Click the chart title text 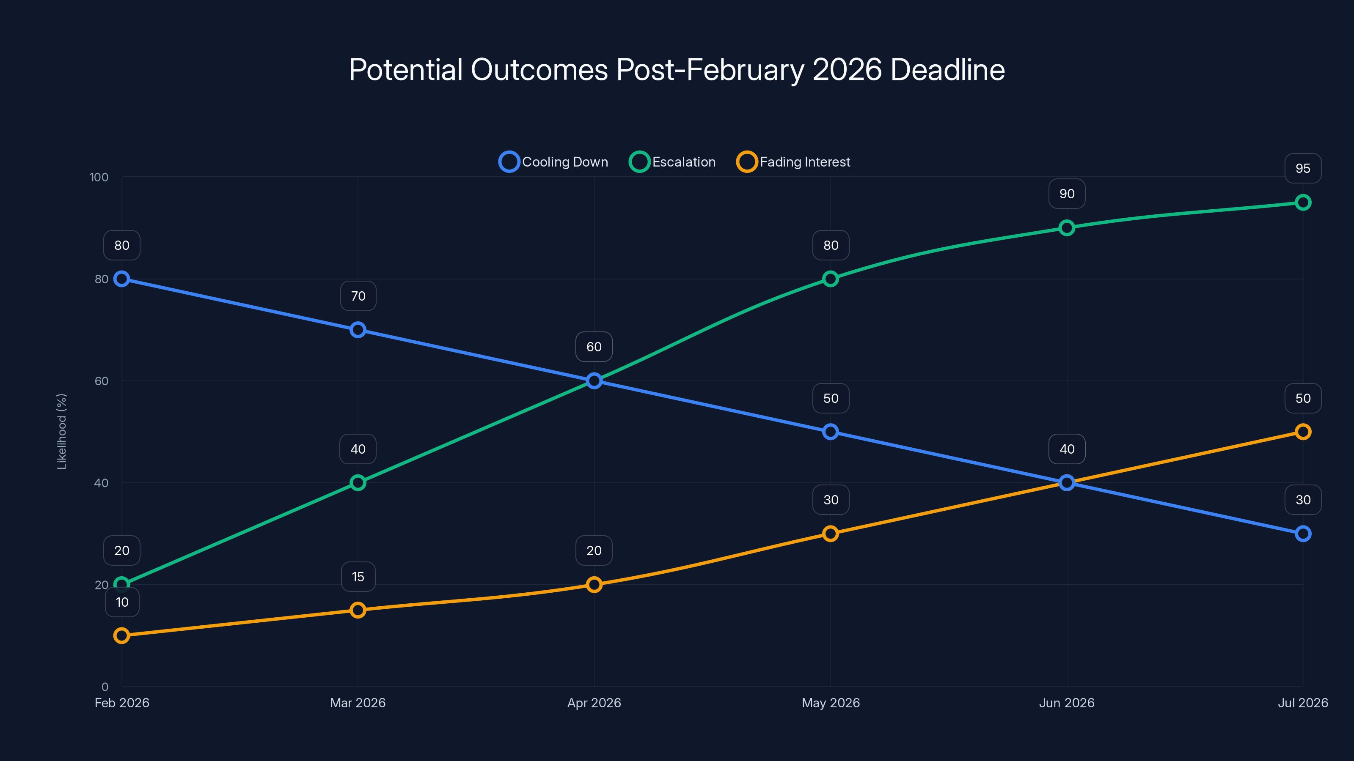(x=677, y=70)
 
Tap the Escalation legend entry (x=673, y=162)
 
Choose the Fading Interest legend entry (x=794, y=162)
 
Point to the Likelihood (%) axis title (x=61, y=431)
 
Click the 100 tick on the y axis (x=99, y=177)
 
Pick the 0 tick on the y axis (x=105, y=687)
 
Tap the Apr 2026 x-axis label (x=594, y=703)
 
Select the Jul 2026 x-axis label (x=1302, y=703)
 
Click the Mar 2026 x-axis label (x=358, y=703)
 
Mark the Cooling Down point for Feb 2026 (x=121, y=279)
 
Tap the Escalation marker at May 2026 (x=831, y=279)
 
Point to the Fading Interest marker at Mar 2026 (x=358, y=610)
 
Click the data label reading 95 (x=1302, y=169)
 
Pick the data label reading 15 (x=358, y=577)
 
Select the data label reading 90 (x=1066, y=194)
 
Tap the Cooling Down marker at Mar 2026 (x=358, y=330)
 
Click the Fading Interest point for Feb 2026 (x=121, y=635)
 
